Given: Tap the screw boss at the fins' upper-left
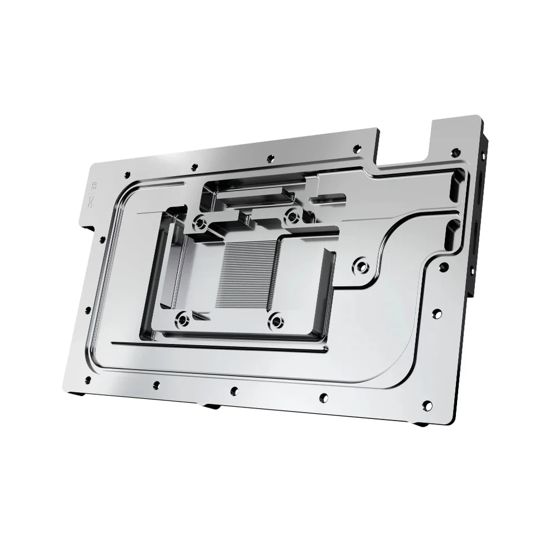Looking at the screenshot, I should click(200, 221).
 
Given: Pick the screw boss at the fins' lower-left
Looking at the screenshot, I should click(183, 317).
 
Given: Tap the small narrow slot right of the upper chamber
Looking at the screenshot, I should click(326, 200).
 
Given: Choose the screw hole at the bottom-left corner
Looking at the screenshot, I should click(88, 379).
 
